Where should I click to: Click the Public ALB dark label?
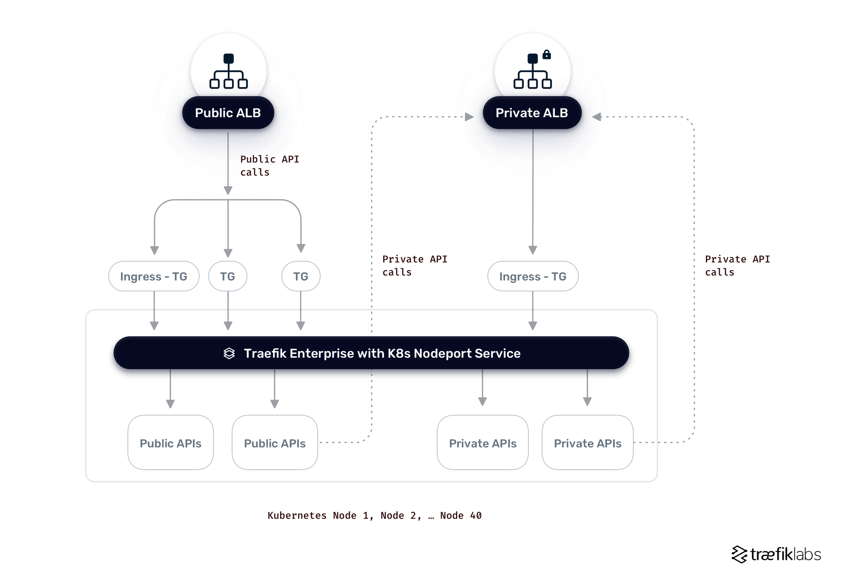click(x=228, y=113)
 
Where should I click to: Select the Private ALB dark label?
click(x=532, y=113)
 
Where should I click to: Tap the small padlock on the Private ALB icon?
click(x=546, y=54)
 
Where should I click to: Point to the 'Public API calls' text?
click(x=269, y=165)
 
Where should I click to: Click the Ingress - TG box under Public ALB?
click(x=154, y=276)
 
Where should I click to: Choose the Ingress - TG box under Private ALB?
click(x=533, y=276)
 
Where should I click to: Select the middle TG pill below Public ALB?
click(x=227, y=276)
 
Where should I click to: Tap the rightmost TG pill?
click(x=300, y=276)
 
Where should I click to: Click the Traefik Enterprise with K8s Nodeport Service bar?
click(x=371, y=353)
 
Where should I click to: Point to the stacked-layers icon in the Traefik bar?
click(x=229, y=353)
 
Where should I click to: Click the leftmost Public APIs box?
click(x=170, y=443)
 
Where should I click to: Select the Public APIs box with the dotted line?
click(x=275, y=443)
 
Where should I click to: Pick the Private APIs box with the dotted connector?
click(x=587, y=443)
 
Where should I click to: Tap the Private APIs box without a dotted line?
click(x=482, y=443)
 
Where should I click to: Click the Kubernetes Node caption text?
click(x=374, y=515)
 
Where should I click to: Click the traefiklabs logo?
click(x=776, y=554)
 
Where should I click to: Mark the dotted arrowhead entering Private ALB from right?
click(x=596, y=117)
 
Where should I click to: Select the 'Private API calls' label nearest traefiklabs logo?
click(x=737, y=265)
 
